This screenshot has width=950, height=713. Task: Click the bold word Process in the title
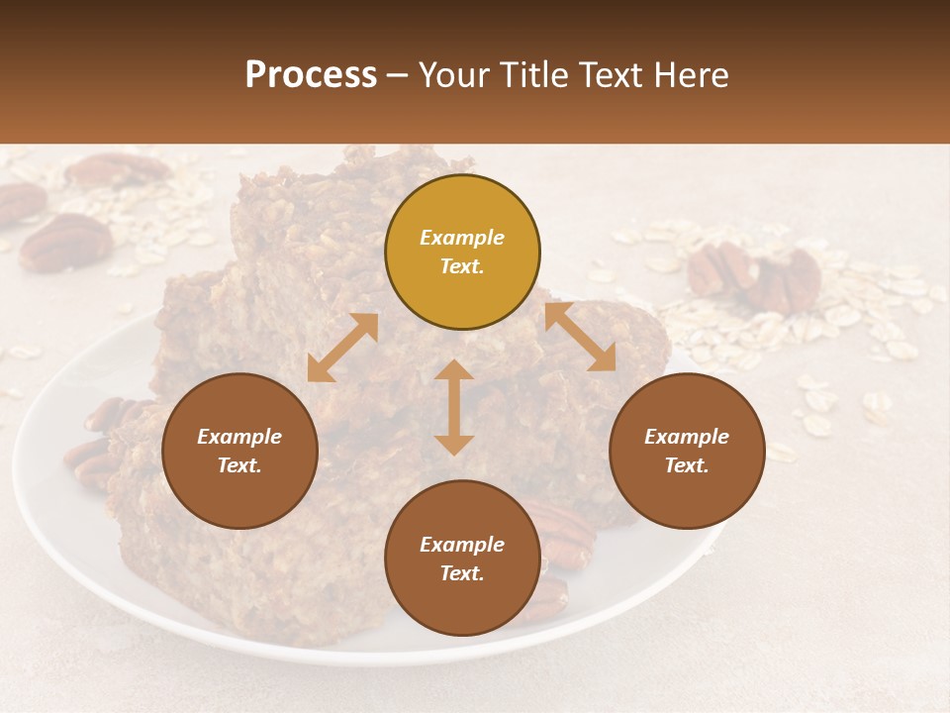pos(311,75)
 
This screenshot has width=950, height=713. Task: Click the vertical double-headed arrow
pos(454,407)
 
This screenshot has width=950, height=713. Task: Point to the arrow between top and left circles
pos(342,348)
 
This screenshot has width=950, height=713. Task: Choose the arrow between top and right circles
pos(580,337)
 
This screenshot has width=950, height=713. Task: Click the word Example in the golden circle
pos(462,238)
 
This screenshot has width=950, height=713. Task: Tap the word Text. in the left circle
pos(239,465)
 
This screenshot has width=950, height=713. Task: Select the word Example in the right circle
pos(687,437)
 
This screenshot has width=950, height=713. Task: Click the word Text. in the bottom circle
pos(462,573)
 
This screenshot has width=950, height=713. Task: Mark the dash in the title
pos(397,76)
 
